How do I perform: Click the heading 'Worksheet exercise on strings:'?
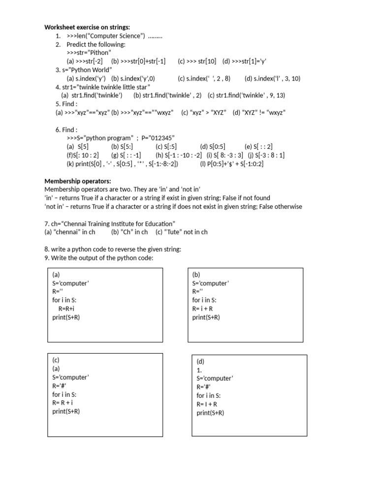pyautogui.click(x=87, y=27)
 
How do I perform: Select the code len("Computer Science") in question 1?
pyautogui.click(x=105, y=36)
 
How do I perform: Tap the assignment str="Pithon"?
pyautogui.click(x=89, y=53)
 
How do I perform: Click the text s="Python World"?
pyautogui.click(x=87, y=70)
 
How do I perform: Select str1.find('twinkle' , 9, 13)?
pyautogui.click(x=246, y=95)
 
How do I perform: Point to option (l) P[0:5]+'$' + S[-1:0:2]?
pyautogui.click(x=232, y=164)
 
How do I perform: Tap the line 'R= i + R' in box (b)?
pyautogui.click(x=203, y=308)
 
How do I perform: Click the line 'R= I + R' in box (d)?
pyautogui.click(x=207, y=404)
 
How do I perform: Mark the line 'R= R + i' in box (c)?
pyautogui.click(x=63, y=402)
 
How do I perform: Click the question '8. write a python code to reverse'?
pyautogui.click(x=113, y=249)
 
